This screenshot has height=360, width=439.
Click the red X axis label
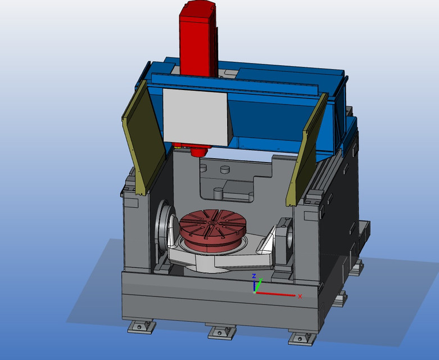[x=300, y=296]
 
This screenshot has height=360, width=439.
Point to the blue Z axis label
[x=254, y=276]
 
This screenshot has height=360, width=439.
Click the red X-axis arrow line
[x=275, y=294]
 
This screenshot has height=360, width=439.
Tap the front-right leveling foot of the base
[x=300, y=337]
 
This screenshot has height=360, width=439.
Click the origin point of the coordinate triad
[x=255, y=292]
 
